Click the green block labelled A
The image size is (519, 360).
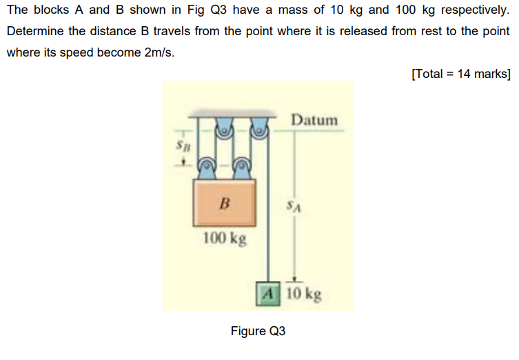(x=268, y=293)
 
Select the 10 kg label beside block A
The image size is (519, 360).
(x=303, y=294)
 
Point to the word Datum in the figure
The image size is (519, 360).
(x=314, y=120)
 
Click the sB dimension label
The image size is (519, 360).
(x=180, y=148)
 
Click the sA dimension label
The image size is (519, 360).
(x=293, y=205)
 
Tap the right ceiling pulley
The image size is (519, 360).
(x=259, y=128)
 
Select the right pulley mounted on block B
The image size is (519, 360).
(x=242, y=166)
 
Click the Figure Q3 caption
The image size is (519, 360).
(x=258, y=331)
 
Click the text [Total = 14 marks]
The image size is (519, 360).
(x=460, y=74)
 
